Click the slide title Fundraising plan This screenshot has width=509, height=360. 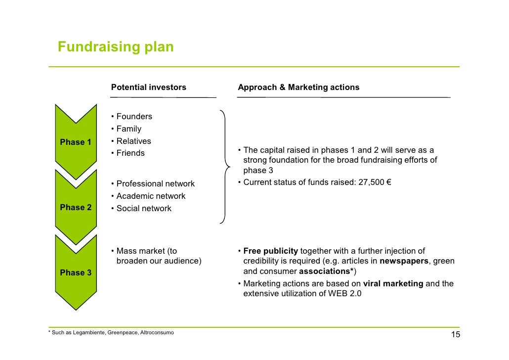(116, 47)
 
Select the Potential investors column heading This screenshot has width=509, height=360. (149, 88)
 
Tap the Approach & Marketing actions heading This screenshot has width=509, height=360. (298, 88)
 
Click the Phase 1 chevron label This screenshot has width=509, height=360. (76, 142)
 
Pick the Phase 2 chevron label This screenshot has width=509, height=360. (76, 208)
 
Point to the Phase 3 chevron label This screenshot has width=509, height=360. (76, 273)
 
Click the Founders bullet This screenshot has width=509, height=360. (134, 117)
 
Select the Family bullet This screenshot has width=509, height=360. (128, 129)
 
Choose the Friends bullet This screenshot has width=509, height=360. (130, 153)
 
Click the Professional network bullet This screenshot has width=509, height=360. (155, 184)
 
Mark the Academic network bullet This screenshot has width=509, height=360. (151, 196)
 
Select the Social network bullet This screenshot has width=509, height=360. (144, 209)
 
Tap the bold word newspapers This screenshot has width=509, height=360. (404, 261)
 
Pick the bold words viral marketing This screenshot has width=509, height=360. (393, 284)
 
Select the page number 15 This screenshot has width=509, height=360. (455, 336)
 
